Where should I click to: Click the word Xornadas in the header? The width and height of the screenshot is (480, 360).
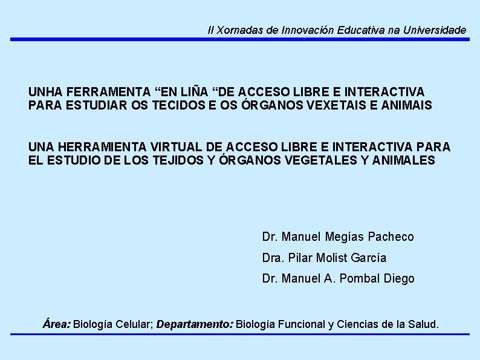coord(236,30)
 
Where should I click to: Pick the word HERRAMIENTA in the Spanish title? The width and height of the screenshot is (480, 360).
coord(98,147)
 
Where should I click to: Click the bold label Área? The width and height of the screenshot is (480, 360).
coord(57,324)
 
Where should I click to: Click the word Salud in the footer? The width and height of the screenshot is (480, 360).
coord(423,324)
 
